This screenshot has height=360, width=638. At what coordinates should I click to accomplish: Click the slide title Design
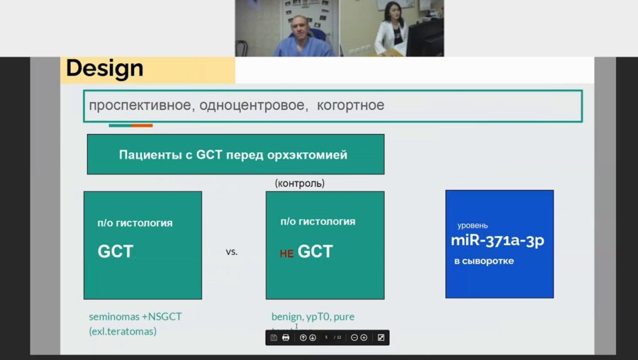105,69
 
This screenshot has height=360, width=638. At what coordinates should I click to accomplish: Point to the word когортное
350,106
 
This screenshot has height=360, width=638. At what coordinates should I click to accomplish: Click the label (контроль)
300,183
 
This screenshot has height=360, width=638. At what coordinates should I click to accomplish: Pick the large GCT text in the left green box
115,252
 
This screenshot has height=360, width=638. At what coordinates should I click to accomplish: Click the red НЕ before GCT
286,254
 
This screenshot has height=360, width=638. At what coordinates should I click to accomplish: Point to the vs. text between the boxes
231,252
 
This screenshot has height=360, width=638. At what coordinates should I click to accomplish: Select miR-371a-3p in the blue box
497,240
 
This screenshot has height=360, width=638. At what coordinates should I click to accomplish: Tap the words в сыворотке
484,261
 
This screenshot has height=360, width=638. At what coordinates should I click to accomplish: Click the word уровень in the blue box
472,225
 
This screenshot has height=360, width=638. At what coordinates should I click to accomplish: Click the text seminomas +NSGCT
135,317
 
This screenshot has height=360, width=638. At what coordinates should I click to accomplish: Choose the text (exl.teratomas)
122,331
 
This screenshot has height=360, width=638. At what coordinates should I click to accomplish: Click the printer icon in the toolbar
286,338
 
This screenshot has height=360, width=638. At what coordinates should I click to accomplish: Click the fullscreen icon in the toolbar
381,338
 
